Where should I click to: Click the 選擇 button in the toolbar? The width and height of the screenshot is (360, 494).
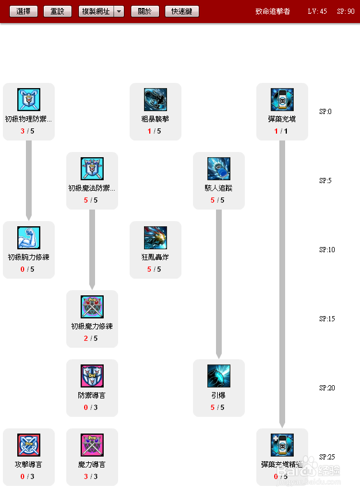pos(24,12)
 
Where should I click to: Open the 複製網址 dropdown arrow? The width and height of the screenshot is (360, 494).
pos(119,12)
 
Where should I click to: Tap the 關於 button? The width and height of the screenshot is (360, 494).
pos(145,12)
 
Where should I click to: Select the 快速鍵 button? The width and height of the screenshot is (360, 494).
pos(182,12)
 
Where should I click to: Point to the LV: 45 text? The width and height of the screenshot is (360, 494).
pos(317,12)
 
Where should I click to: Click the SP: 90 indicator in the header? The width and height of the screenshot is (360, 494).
pos(346,12)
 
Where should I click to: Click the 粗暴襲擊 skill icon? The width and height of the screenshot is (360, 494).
pos(156,100)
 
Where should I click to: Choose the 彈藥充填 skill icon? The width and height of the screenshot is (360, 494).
pos(282,100)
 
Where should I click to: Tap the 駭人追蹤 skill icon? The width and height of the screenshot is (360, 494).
pos(219,169)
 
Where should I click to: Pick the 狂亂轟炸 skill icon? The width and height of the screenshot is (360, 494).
pos(156,238)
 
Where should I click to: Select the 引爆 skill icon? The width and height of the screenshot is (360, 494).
pos(219,376)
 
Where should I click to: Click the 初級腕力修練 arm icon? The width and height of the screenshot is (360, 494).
pos(29,238)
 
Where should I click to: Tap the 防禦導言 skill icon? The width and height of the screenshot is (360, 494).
pos(92,376)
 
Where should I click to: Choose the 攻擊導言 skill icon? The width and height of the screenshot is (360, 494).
pos(29,445)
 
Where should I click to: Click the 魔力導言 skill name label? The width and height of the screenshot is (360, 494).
pos(92,465)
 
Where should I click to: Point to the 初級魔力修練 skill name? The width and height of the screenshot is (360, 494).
pos(92,326)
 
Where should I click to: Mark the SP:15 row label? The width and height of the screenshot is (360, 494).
pos(327,319)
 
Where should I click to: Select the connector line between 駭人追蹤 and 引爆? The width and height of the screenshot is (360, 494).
pos(219,282)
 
